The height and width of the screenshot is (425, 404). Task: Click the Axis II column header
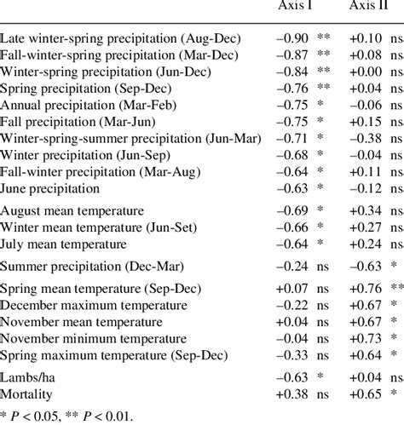(x=369, y=8)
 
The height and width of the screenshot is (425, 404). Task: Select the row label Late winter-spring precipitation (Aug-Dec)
(x=121, y=38)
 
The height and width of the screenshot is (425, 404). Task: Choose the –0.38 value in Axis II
(x=364, y=138)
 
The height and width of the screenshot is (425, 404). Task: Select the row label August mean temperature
(x=72, y=210)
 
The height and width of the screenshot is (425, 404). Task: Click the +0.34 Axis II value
(x=364, y=210)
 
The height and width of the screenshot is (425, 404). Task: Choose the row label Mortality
(x=27, y=394)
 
